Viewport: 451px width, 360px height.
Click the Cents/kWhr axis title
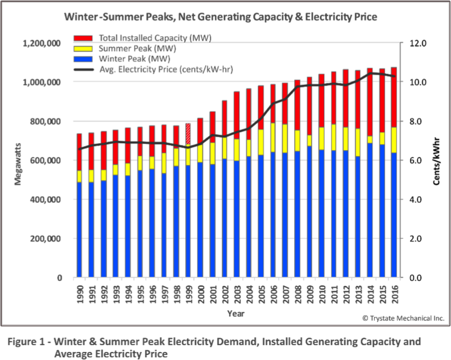(437, 161)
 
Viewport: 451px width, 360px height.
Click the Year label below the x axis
(236, 313)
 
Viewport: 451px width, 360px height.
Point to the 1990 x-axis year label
(80, 292)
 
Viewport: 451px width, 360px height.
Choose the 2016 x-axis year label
(393, 292)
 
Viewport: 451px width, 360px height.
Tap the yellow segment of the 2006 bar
(273, 137)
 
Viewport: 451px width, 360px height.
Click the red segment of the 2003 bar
(237, 115)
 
